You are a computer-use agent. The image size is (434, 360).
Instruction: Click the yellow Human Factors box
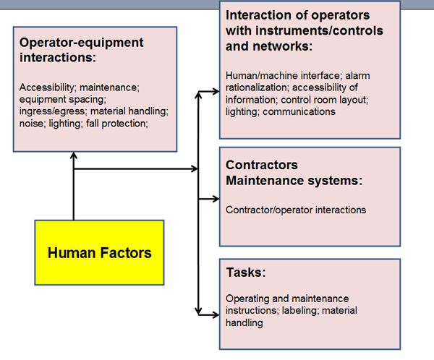(99, 252)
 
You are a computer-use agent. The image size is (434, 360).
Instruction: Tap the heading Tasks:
(246, 273)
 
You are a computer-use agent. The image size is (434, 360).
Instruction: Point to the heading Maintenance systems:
(294, 179)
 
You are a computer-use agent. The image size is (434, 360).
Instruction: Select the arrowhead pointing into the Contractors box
(215, 198)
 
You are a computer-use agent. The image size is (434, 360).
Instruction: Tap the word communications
(299, 111)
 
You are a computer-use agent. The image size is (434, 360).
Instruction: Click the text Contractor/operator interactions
(296, 210)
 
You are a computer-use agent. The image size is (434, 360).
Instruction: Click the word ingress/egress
(51, 111)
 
